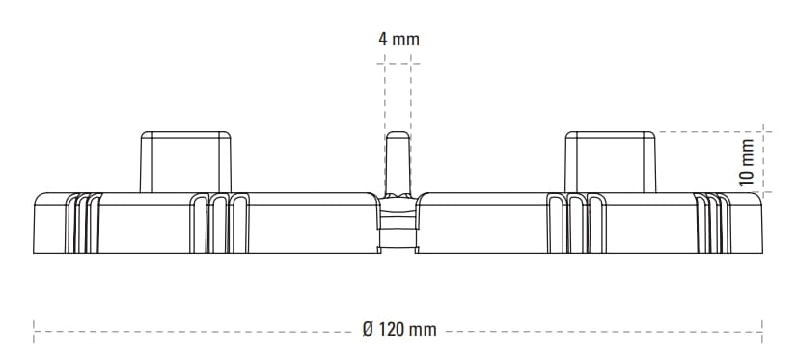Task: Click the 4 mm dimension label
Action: pos(398,40)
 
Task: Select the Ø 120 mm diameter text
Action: pos(398,330)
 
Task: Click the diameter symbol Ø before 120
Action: pos(368,330)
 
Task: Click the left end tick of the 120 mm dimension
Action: pos(34,330)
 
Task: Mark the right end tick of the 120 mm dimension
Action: pos(763,330)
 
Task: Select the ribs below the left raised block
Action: pos(218,224)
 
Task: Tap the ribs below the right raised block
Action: pos(579,224)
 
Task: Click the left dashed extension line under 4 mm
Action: pos(385,92)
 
